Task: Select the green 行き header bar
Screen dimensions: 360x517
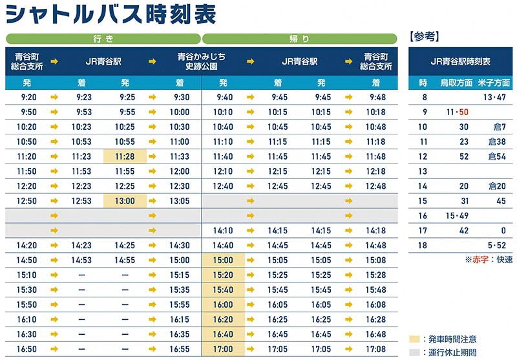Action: [103, 39]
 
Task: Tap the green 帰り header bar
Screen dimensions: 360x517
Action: [300, 39]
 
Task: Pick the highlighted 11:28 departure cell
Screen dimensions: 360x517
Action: [125, 156]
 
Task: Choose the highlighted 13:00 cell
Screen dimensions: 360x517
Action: [125, 201]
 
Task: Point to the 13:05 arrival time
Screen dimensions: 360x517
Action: [179, 201]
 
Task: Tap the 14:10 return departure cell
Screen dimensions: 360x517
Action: [223, 231]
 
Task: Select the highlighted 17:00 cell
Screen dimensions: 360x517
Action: [223, 349]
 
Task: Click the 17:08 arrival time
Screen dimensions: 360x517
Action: [375, 349]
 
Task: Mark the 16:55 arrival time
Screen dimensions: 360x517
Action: [179, 349]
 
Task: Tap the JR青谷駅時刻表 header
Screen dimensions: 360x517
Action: [461, 61]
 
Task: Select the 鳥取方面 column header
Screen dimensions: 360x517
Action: [456, 83]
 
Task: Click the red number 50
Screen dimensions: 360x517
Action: [464, 112]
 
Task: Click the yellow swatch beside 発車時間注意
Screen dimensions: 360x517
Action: [414, 339]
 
